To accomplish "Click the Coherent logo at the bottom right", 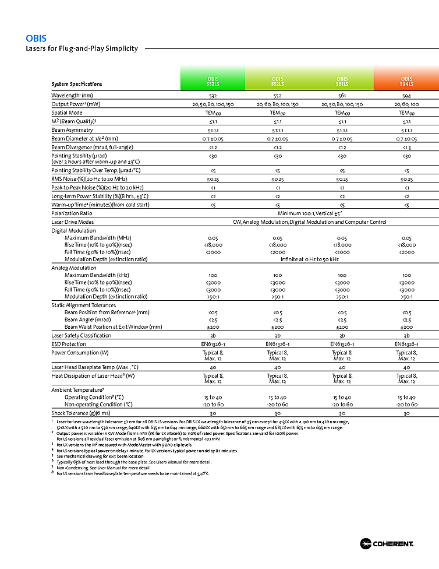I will point(387,544).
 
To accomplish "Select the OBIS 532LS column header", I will point(213,81).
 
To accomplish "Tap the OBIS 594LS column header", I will point(406,81).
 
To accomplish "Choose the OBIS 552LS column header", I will point(278,81).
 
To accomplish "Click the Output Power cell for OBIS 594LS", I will point(406,104).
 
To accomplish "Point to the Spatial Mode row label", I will point(67,113).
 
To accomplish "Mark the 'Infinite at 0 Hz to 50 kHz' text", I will point(310,259).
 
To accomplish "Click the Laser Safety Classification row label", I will point(81,335).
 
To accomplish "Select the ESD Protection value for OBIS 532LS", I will point(213,344).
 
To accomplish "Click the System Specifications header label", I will point(76,84).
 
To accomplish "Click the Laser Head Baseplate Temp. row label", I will point(94,367).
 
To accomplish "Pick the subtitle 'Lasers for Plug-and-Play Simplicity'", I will point(82,48).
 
